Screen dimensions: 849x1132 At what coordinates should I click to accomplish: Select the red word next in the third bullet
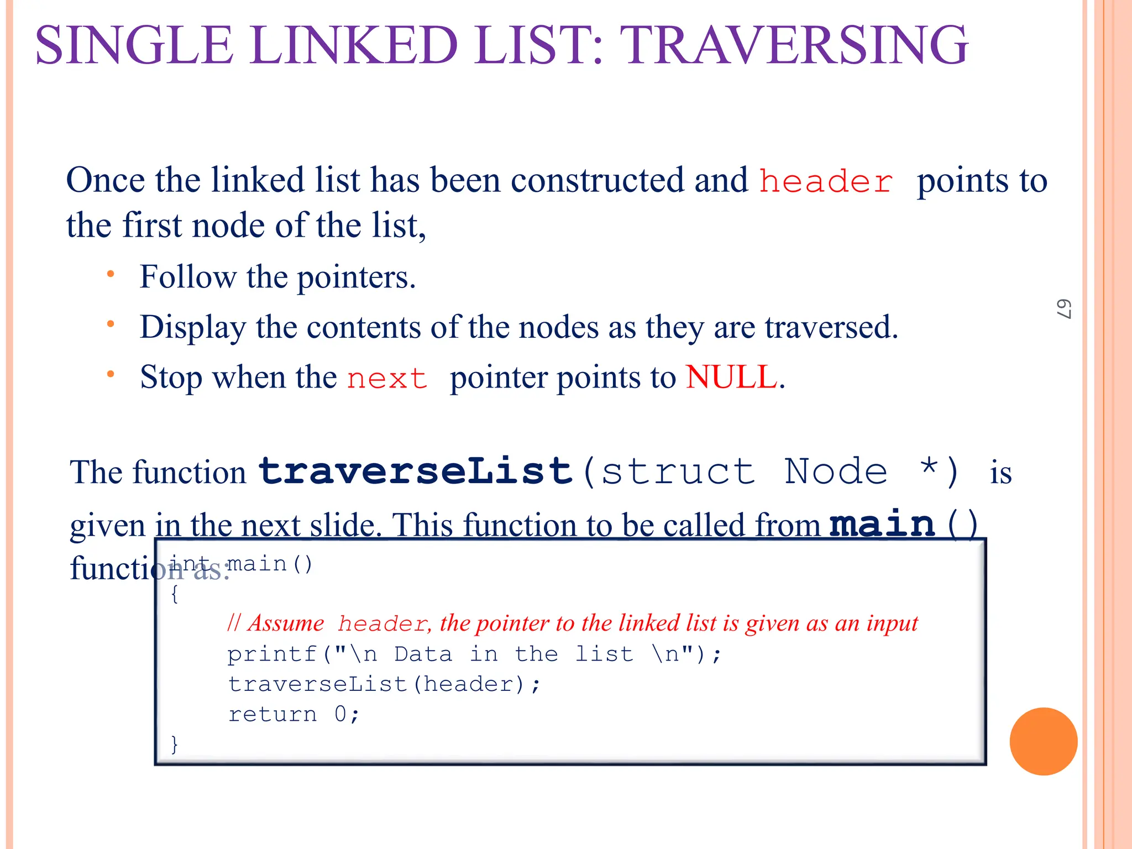(387, 379)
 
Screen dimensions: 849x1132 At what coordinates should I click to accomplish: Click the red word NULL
(731, 377)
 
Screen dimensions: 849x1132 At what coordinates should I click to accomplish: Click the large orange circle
(1043, 741)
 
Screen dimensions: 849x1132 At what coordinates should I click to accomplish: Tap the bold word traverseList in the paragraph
(415, 471)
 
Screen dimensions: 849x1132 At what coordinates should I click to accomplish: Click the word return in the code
(272, 715)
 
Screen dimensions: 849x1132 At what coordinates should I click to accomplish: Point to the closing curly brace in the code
(175, 744)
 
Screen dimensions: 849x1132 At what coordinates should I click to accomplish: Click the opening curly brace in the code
(175, 595)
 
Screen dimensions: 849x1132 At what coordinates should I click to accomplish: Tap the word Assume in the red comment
(286, 623)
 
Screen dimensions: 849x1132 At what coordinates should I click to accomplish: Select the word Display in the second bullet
(192, 327)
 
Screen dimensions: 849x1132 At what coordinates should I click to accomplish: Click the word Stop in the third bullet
(171, 378)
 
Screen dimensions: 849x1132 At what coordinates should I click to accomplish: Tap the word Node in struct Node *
(835, 471)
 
